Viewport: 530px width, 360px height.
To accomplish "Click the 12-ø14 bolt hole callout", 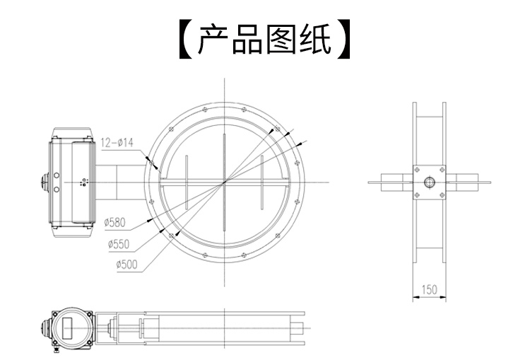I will click(x=117, y=142).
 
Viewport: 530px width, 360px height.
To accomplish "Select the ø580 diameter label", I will click(x=114, y=222).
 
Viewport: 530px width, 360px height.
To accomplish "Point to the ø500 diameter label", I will click(x=126, y=265).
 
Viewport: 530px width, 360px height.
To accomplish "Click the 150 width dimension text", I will click(x=430, y=289).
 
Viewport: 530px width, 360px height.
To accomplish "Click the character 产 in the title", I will click(x=213, y=40).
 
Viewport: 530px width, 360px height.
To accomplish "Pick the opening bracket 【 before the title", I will click(x=185, y=40).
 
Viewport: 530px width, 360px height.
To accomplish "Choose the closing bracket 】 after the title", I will click(x=343, y=40).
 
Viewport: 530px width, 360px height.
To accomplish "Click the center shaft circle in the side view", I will click(x=430, y=182).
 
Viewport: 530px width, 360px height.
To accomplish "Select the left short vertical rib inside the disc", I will click(x=187, y=182).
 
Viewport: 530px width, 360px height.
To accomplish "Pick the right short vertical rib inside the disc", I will click(x=262, y=182).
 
